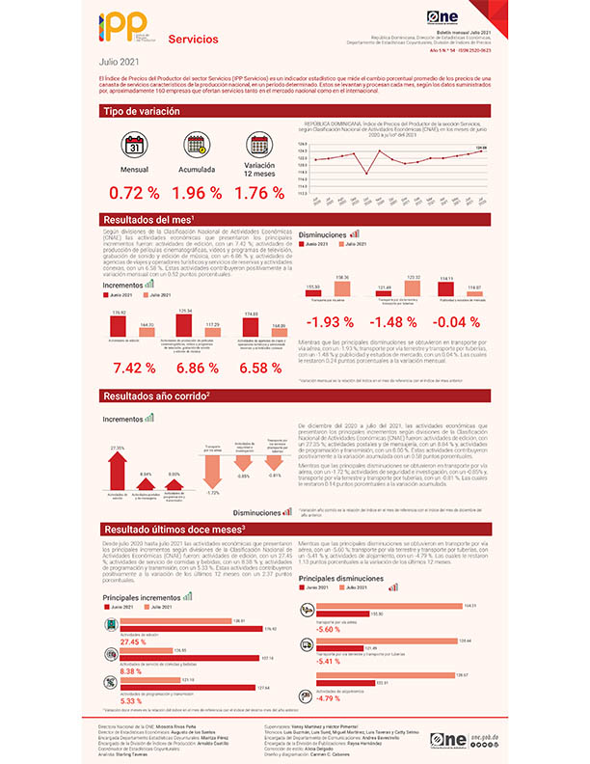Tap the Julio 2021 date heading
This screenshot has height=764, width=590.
pos(117,63)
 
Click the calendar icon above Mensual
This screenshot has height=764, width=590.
pos(136,145)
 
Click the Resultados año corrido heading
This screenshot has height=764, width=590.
pos(154,396)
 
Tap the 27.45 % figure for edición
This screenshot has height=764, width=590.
pos(133,641)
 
